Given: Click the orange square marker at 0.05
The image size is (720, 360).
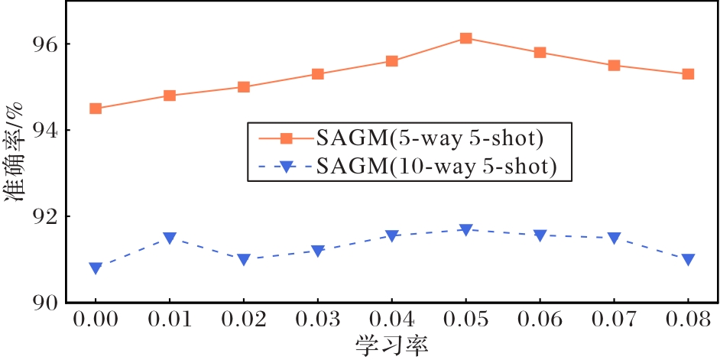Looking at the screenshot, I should (x=465, y=38).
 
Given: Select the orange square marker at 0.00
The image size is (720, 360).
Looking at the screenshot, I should (x=96, y=109).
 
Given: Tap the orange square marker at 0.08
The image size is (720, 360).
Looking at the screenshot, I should (x=688, y=74).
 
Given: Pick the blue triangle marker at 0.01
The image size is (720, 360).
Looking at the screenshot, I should (x=170, y=238).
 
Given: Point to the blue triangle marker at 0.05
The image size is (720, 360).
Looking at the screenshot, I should (x=465, y=230).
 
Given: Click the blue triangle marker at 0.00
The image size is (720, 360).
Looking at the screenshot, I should (x=96, y=268).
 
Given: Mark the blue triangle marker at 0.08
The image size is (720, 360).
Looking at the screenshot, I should (x=688, y=260).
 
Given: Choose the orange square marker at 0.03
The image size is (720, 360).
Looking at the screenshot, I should (x=318, y=74).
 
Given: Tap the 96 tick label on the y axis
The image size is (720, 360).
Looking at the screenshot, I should (x=45, y=44).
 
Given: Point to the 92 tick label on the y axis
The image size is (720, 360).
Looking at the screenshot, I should (x=45, y=217).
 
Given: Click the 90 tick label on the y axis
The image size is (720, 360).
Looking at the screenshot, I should (x=45, y=303).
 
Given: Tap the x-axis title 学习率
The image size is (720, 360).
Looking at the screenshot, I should (x=391, y=345).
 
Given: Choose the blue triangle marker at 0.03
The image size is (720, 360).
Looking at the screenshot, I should (x=318, y=251).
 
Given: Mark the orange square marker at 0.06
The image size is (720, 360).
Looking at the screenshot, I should (x=540, y=53).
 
